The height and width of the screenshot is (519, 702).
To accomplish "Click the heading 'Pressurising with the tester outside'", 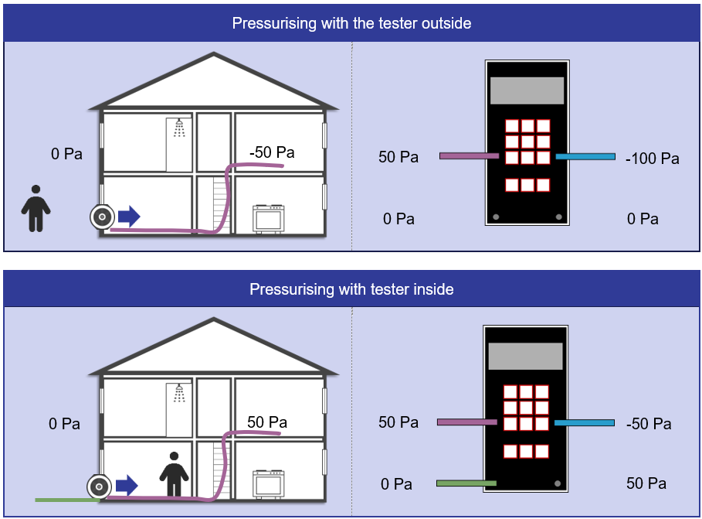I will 351,23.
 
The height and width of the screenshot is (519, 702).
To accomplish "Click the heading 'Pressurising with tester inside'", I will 351,290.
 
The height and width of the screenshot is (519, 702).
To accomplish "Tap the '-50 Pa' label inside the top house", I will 272,152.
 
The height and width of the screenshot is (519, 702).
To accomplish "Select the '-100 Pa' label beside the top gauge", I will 652,159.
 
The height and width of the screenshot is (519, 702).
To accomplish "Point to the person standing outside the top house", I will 36,208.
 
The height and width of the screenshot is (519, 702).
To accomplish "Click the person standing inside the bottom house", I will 174,474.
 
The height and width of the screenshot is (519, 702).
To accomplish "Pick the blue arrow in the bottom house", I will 127,486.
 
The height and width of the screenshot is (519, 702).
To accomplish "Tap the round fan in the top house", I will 101,217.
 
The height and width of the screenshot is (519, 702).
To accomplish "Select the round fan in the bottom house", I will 98,487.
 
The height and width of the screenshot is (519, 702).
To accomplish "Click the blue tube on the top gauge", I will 585,157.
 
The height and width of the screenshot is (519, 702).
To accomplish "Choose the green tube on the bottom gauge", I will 466,483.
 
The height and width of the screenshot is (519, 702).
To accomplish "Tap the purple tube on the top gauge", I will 469,156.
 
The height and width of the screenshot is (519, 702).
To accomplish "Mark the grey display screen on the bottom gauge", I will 525,357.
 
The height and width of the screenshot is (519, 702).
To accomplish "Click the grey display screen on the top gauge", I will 527,90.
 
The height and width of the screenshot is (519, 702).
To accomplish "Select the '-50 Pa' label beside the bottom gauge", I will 648,424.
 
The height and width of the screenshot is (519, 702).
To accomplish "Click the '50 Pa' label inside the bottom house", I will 267,422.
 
